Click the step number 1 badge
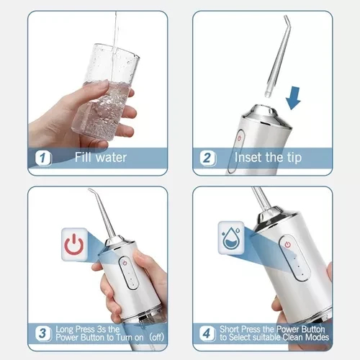pyautogui.click(x=42, y=157)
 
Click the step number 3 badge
pyautogui.click(x=42, y=333)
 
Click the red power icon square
pyautogui.click(x=73, y=246)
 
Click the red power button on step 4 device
pyautogui.click(x=287, y=245)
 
